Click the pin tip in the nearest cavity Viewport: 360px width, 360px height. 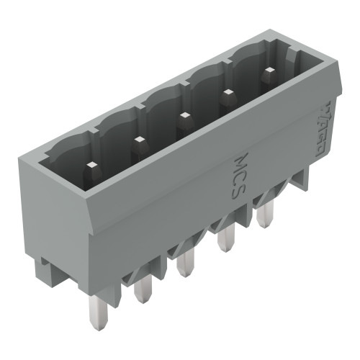tap(91, 165)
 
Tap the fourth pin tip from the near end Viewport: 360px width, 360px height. tap(228, 91)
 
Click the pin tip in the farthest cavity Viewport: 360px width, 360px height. tap(268, 71)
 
